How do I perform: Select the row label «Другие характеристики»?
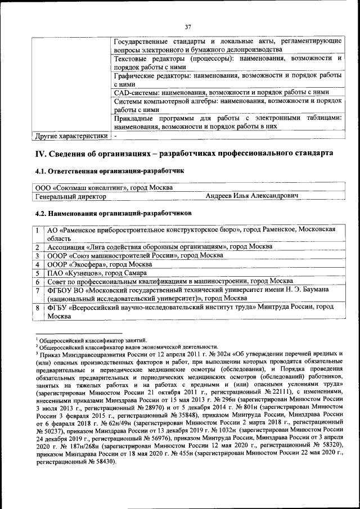[70, 136]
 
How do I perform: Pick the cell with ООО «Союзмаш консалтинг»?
[103, 187]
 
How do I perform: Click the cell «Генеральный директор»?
[70, 196]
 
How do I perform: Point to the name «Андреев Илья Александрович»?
[251, 196]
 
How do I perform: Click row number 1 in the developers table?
[37, 230]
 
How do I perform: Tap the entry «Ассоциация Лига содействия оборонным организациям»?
[152, 247]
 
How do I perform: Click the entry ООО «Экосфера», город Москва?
[100, 264]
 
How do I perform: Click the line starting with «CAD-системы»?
[221, 92]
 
